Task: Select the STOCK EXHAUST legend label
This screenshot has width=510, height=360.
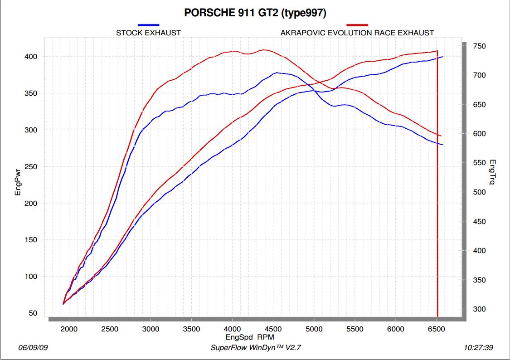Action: pos(148,33)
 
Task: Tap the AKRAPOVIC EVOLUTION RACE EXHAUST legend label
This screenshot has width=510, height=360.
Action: pos(357,33)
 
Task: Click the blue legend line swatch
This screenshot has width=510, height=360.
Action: pos(148,24)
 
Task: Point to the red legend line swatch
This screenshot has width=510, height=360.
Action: pos(357,24)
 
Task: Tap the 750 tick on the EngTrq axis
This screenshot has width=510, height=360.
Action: pos(479,46)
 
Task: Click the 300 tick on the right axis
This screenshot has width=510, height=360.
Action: pos(479,309)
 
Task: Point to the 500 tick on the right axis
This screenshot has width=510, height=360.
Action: pos(479,192)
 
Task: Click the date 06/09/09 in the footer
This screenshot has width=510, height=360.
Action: pos(33,348)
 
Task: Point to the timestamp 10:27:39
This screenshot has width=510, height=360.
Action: pos(479,348)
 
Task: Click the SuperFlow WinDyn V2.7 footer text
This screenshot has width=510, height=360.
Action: pos(256,348)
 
